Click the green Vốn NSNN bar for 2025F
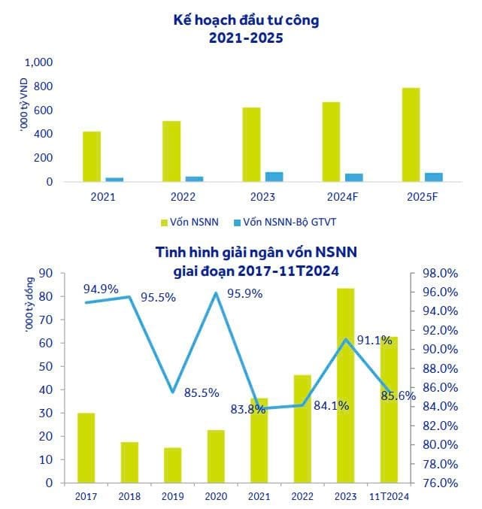tap(411, 135)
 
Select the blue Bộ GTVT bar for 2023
tap(274, 177)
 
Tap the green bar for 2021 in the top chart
tap(92, 156)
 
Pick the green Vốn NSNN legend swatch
tap(165, 223)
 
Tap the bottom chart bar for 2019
tap(173, 465)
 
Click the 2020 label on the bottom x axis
tap(216, 495)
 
